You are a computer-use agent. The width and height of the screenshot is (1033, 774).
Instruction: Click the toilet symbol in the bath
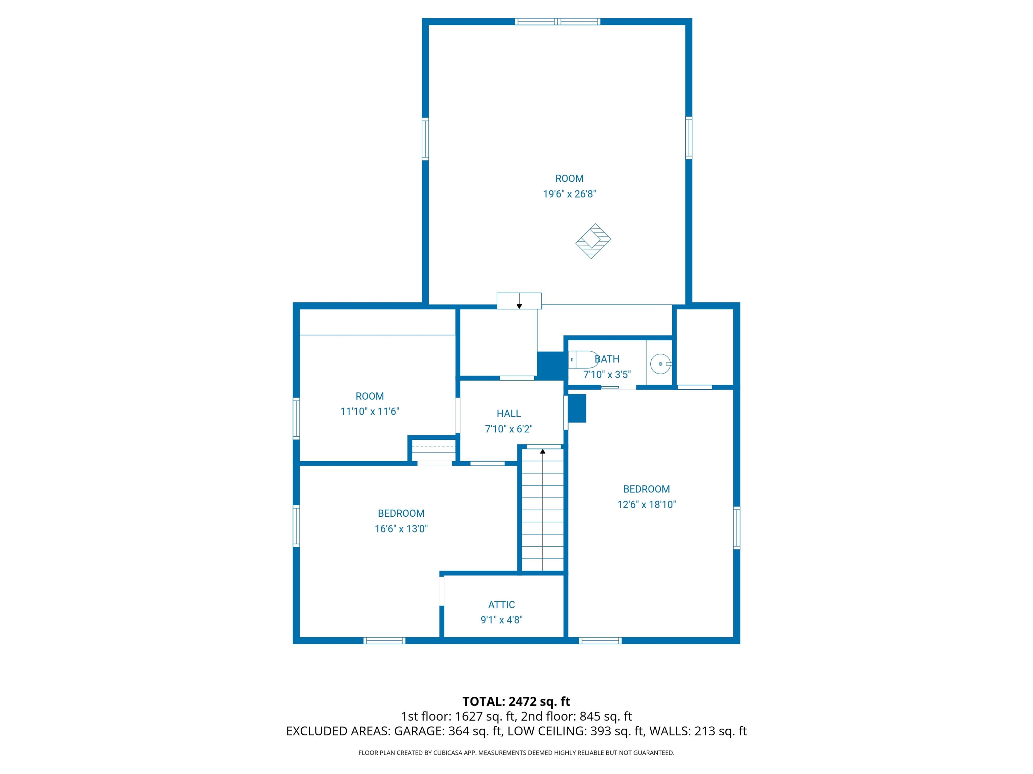(x=584, y=360)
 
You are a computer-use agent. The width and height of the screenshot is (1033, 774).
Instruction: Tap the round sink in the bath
(x=660, y=363)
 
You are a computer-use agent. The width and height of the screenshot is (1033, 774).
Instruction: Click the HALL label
(x=508, y=413)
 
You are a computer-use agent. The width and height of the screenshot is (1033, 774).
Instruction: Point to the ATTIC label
(x=502, y=605)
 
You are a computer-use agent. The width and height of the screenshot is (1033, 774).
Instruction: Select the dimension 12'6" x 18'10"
(x=646, y=504)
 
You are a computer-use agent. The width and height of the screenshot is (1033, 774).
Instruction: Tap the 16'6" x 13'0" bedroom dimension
(x=401, y=528)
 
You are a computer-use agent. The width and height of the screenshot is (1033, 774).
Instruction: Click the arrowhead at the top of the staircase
(x=543, y=451)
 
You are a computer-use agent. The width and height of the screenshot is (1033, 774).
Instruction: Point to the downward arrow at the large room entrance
(x=519, y=306)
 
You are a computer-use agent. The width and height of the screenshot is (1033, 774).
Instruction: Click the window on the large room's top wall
(x=557, y=21)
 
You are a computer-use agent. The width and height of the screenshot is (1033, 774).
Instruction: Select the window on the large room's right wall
(x=689, y=138)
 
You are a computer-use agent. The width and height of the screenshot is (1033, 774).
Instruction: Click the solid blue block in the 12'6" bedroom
(x=577, y=408)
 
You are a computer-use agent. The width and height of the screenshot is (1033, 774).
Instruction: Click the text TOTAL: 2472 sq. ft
(x=516, y=702)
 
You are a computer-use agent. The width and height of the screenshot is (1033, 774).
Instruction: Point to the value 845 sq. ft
(x=606, y=716)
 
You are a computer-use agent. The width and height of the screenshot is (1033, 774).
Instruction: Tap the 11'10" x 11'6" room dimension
(x=370, y=412)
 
